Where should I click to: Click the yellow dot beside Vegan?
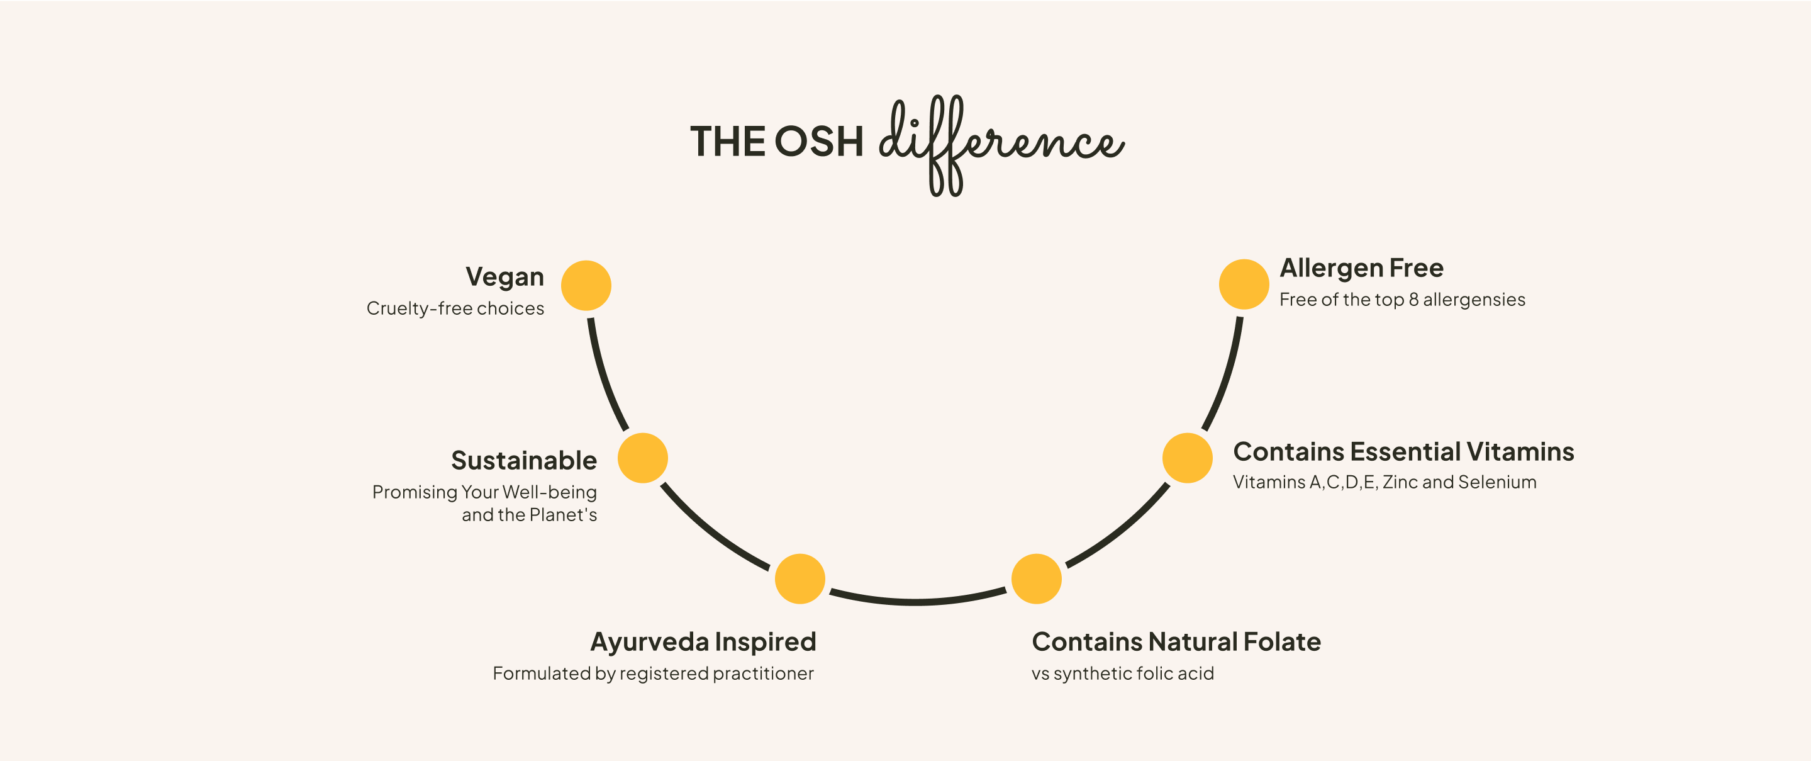coord(586,286)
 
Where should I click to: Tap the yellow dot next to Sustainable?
coord(643,458)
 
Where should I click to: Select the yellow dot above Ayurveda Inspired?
coord(800,579)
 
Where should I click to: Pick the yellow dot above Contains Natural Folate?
coord(1036,579)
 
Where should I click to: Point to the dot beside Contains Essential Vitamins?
coord(1188,458)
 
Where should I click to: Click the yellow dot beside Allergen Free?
coord(1244,284)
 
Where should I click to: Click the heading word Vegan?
coord(504,278)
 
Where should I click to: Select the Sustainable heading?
coord(524,461)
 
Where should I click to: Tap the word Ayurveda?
coord(650,643)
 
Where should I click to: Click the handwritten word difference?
coord(1002,145)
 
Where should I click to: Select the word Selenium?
coord(1498,482)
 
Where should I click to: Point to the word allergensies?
coord(1474,300)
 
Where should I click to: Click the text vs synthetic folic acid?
coord(1123,674)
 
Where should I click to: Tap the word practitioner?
coord(764,674)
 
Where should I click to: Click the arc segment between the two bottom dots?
coord(917,602)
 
